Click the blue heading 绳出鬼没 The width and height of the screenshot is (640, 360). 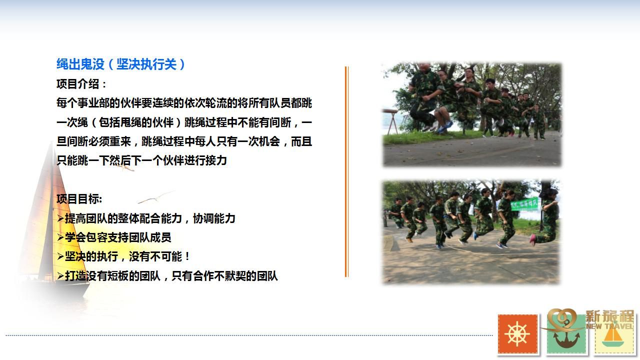pyautogui.click(x=80, y=64)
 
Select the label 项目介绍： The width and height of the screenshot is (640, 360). pyautogui.click(x=81, y=84)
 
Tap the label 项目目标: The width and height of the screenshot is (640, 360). pyautogui.click(x=79, y=199)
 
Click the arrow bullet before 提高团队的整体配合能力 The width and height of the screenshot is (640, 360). pyautogui.click(x=60, y=219)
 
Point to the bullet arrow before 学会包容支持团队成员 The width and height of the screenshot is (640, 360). pyautogui.click(x=60, y=237)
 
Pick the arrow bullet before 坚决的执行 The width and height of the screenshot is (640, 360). pyautogui.click(x=60, y=256)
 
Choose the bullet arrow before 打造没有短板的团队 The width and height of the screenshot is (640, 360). pyautogui.click(x=60, y=276)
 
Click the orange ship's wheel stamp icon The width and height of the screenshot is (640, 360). pyautogui.click(x=517, y=334)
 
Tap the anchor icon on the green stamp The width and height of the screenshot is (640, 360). pyautogui.click(x=566, y=337)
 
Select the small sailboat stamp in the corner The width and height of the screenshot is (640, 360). pyautogui.click(x=613, y=337)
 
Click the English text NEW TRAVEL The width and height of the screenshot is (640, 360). pyautogui.click(x=609, y=326)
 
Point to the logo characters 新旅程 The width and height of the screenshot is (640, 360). pyautogui.click(x=609, y=316)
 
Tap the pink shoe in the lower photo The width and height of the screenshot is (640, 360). pyautogui.click(x=532, y=239)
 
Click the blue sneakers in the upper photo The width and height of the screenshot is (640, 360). pyautogui.click(x=445, y=127)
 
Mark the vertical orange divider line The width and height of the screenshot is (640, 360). pyautogui.click(x=346, y=171)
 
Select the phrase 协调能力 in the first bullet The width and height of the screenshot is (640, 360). pyautogui.click(x=214, y=218)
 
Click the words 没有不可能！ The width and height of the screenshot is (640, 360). pyautogui.click(x=159, y=256)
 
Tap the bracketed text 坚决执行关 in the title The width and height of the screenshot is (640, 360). pyautogui.click(x=146, y=64)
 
